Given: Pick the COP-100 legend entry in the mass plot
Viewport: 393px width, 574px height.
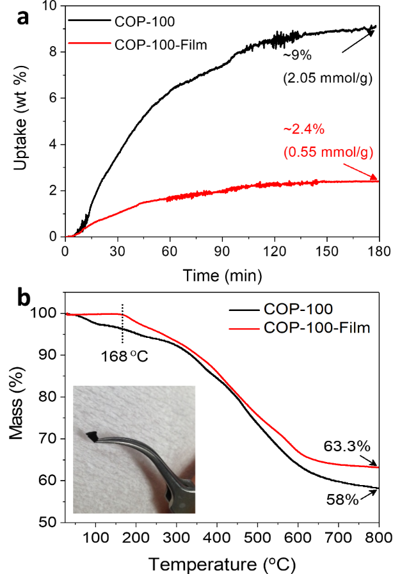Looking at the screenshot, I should coord(298,310).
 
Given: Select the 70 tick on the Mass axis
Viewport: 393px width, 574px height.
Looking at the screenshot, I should coord(49,438).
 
